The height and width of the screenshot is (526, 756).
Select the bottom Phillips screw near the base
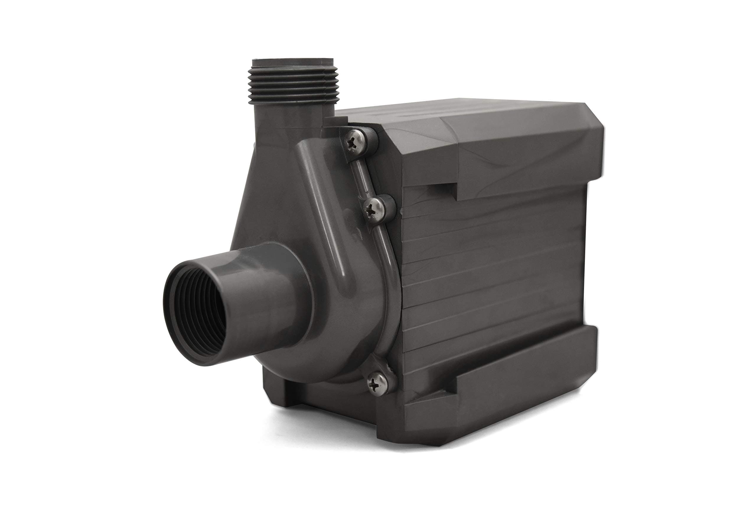click(377, 382)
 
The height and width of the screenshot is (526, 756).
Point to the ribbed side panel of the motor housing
click(494, 263)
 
